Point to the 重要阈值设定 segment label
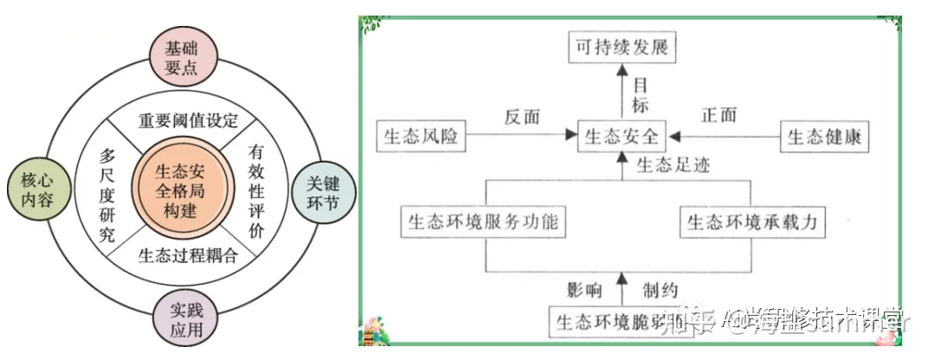pos(188,119)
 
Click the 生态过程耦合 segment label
pos(187,254)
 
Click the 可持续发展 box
pos(622,48)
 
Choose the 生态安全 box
pos(622,136)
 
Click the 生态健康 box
pos(824,136)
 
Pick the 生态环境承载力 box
pos(752,222)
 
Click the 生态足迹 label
pos(673,164)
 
